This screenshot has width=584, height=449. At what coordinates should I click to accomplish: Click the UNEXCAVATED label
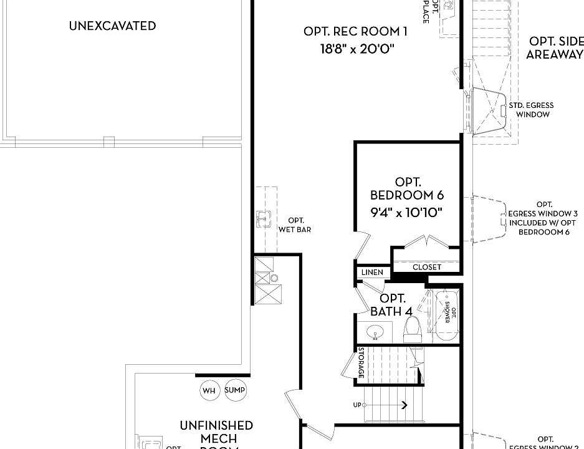pos(112,26)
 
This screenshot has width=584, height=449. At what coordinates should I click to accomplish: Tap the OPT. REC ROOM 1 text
pos(356,31)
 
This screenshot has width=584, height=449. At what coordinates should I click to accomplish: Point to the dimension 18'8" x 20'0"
pos(357,49)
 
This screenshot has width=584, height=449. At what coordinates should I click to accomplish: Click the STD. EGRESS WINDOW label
pos(530,110)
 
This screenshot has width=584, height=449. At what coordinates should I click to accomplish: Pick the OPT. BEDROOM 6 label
pos(408,189)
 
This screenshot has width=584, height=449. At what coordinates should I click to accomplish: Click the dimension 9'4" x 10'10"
pos(407,212)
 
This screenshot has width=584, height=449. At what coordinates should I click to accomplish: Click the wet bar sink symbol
pos(262,218)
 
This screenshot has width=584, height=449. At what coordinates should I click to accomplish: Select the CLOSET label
pos(427,267)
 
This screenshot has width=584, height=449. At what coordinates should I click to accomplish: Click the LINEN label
pos(373,273)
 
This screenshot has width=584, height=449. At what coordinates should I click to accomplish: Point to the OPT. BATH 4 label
pos(393,304)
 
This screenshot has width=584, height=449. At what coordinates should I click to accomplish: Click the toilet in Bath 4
pos(413,328)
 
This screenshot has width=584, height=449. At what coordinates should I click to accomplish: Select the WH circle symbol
pos(209,390)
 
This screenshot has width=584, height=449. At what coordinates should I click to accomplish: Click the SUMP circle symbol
pos(236,390)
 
